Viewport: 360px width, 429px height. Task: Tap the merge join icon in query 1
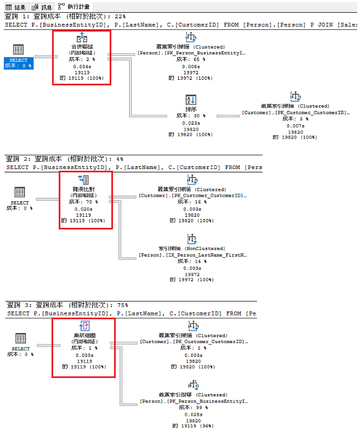(x=82, y=38)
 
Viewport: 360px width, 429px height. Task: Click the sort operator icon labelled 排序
(x=191, y=100)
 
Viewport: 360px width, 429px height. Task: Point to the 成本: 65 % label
(x=191, y=59)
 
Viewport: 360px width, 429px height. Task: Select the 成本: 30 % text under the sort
(x=191, y=116)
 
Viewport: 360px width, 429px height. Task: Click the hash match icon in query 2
(x=83, y=180)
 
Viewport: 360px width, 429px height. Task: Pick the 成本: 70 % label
(x=83, y=202)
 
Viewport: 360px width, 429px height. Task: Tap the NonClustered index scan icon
(x=192, y=239)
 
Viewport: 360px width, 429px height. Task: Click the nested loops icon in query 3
(x=83, y=326)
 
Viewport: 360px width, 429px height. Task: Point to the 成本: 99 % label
(x=191, y=407)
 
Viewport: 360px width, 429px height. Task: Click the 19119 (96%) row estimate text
(x=192, y=426)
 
